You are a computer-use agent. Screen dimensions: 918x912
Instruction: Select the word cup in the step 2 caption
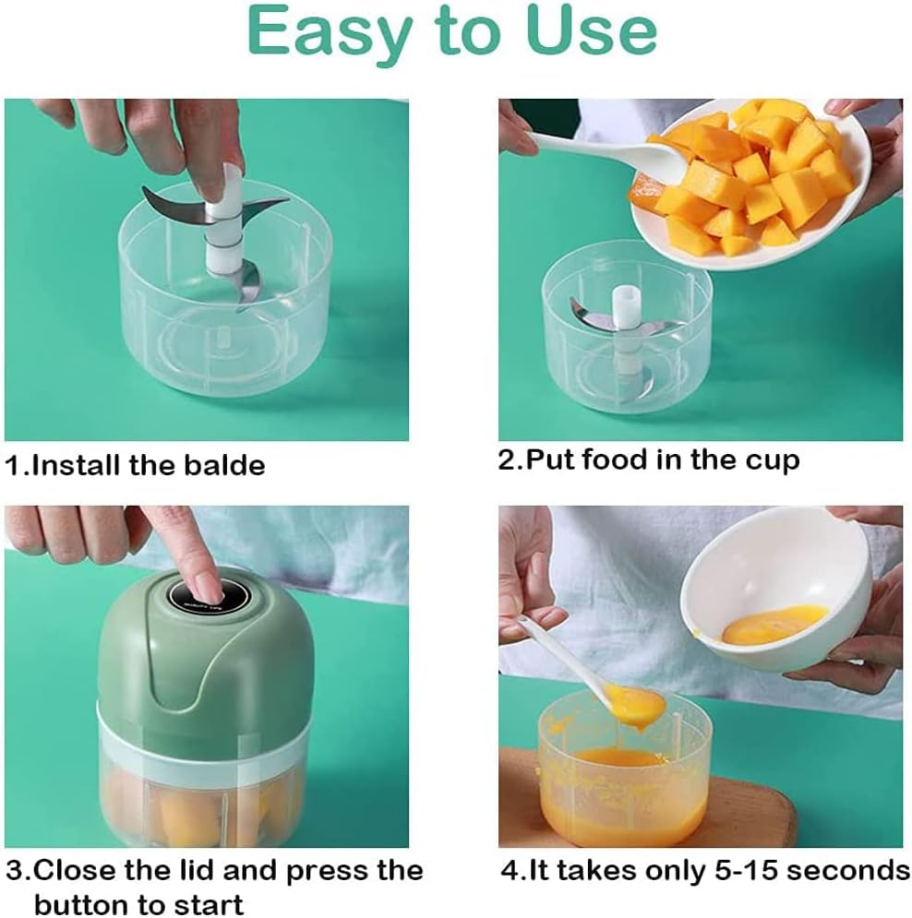772,459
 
